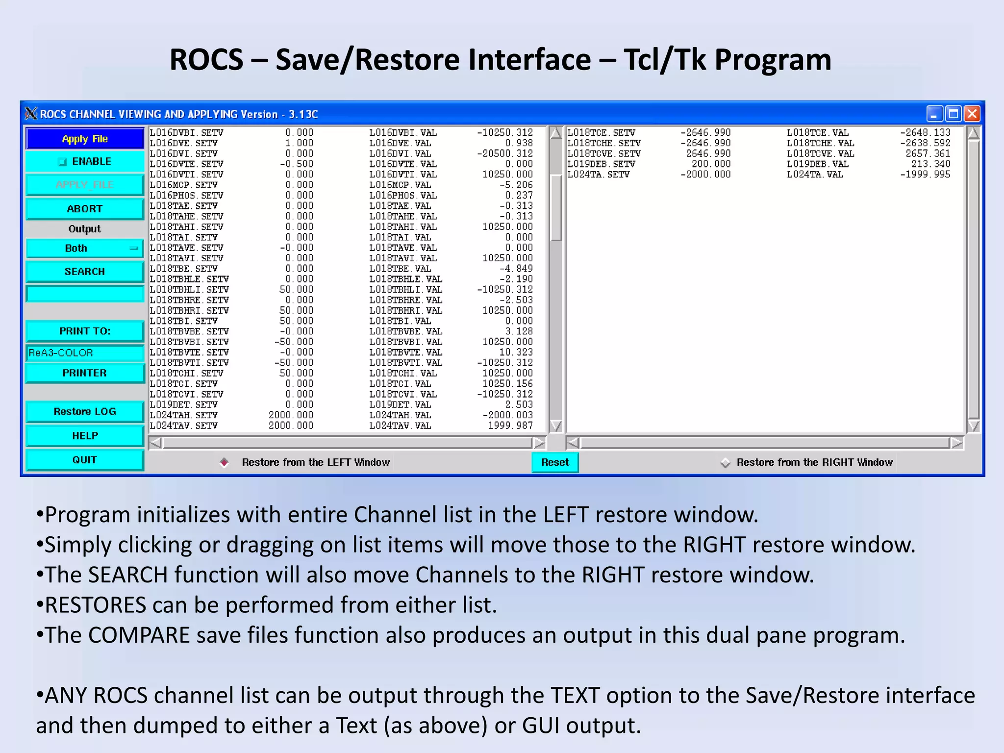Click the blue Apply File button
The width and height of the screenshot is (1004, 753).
point(84,139)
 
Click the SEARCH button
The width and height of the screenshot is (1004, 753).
point(84,272)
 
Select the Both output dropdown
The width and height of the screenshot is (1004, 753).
point(84,249)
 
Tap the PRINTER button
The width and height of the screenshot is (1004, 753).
point(84,373)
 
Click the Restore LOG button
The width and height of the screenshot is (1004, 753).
point(84,412)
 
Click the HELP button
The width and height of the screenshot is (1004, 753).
point(84,436)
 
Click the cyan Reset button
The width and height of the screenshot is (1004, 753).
point(555,462)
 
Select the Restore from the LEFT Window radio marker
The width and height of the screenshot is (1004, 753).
point(224,462)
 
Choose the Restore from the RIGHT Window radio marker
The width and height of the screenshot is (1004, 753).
point(725,462)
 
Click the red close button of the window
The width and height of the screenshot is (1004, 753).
point(972,114)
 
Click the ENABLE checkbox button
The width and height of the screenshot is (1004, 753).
point(84,162)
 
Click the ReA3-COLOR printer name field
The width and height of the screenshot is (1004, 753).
point(84,353)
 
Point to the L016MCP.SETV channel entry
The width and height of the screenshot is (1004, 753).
point(184,185)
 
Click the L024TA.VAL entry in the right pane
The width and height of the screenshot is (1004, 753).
point(815,175)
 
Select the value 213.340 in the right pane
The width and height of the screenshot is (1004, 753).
point(930,164)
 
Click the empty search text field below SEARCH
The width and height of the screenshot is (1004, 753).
point(84,294)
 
